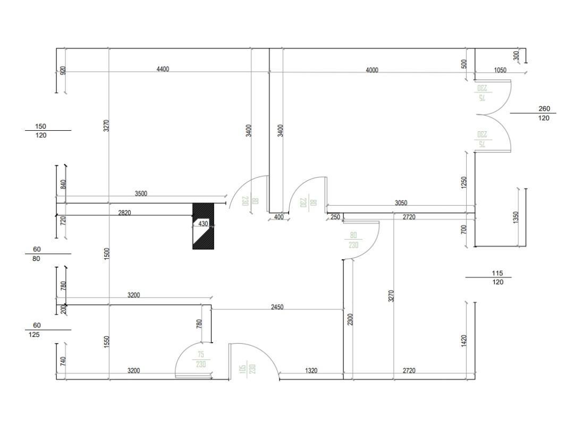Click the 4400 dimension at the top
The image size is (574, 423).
163,69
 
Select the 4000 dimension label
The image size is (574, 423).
372,70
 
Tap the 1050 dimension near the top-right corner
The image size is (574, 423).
500,70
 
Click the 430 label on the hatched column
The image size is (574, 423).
203,224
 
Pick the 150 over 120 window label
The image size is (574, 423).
41,131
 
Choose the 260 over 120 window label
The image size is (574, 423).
544,114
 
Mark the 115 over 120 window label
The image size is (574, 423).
497,278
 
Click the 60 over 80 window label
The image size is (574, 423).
37,254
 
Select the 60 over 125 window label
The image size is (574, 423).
37,330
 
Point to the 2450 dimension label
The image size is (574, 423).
277,307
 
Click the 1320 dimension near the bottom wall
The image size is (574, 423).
311,371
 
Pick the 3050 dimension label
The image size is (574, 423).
401,203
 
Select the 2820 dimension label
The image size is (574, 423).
124,213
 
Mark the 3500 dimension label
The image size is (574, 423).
141,194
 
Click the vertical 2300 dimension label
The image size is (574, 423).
350,319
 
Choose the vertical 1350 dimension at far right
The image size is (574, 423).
516,218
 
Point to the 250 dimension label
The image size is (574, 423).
335,217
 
